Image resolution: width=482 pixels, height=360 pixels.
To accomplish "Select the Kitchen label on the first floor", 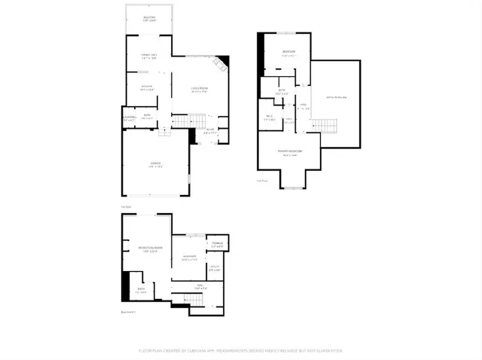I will click(147, 87).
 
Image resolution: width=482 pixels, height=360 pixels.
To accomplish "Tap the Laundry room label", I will click(130, 118).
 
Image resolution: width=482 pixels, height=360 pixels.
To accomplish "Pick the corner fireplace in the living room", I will click(223, 63).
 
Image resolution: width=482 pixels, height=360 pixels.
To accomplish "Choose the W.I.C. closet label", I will click(269, 117).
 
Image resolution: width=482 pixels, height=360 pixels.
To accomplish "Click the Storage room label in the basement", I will click(215, 243).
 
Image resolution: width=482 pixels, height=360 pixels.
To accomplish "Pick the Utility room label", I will click(215, 267).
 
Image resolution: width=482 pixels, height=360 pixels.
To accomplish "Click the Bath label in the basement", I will click(141, 290).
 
